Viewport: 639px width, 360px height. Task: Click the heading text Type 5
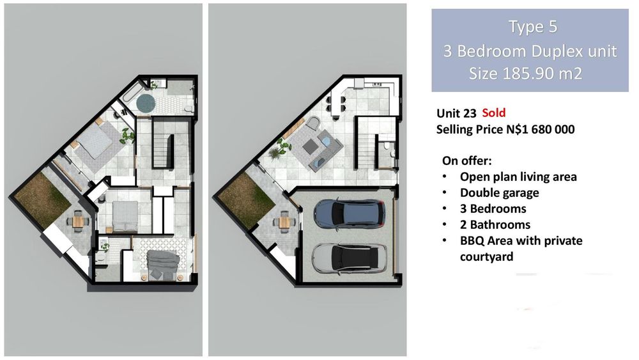coord(533,27)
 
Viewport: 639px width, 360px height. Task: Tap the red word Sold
coord(493,113)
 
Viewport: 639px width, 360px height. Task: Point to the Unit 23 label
coord(456,113)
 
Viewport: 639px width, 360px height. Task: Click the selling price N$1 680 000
coord(541,130)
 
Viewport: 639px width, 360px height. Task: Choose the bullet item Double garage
coord(499,193)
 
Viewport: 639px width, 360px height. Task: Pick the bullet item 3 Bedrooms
coord(493,208)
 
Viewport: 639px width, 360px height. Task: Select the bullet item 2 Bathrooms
coord(495,224)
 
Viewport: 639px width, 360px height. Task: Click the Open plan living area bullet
coord(518,177)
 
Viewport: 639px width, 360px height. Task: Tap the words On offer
coord(467,160)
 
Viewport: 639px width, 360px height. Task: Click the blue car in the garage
coord(350,213)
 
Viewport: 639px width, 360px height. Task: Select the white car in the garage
coord(349,258)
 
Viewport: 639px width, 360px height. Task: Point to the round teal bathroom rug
coord(146,102)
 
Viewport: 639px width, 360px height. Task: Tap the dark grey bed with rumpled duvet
coord(162,265)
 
